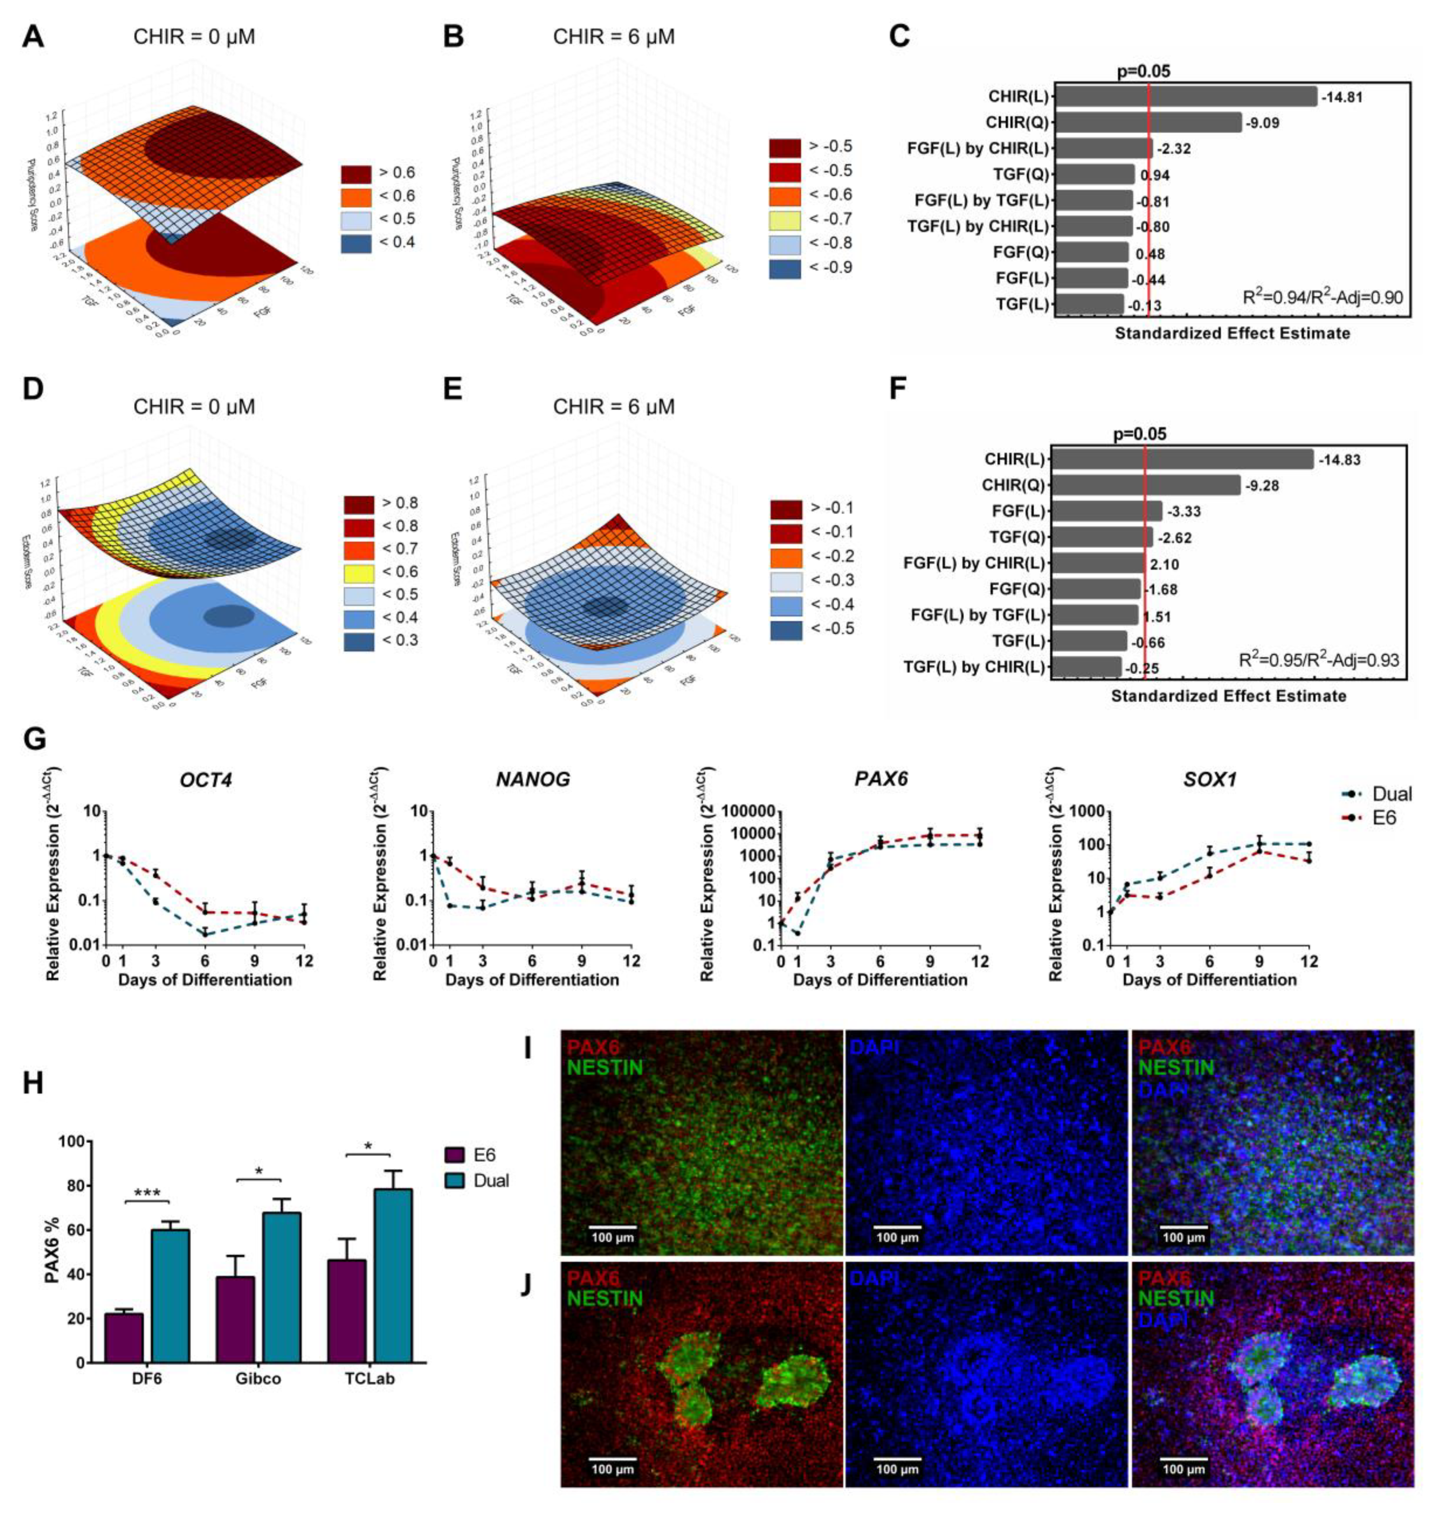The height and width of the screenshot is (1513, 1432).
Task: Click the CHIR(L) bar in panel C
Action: [1185, 97]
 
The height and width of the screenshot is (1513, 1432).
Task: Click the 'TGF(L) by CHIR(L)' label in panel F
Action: [973, 666]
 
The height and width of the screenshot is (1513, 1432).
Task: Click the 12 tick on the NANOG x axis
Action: [630, 960]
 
